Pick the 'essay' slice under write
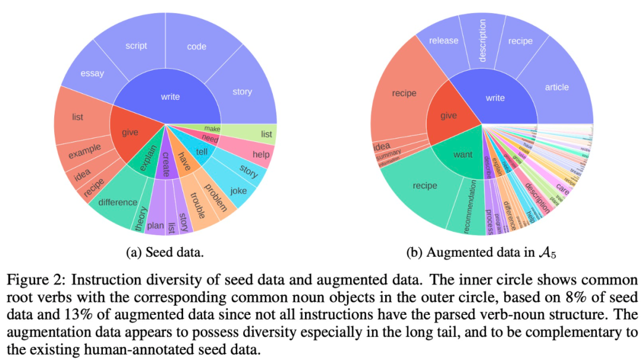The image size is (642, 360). coord(92,74)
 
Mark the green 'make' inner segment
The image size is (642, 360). coord(212,128)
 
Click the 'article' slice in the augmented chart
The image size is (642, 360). coord(556,87)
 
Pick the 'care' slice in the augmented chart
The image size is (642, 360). coord(562,192)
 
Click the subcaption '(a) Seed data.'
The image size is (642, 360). coord(165,252)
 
